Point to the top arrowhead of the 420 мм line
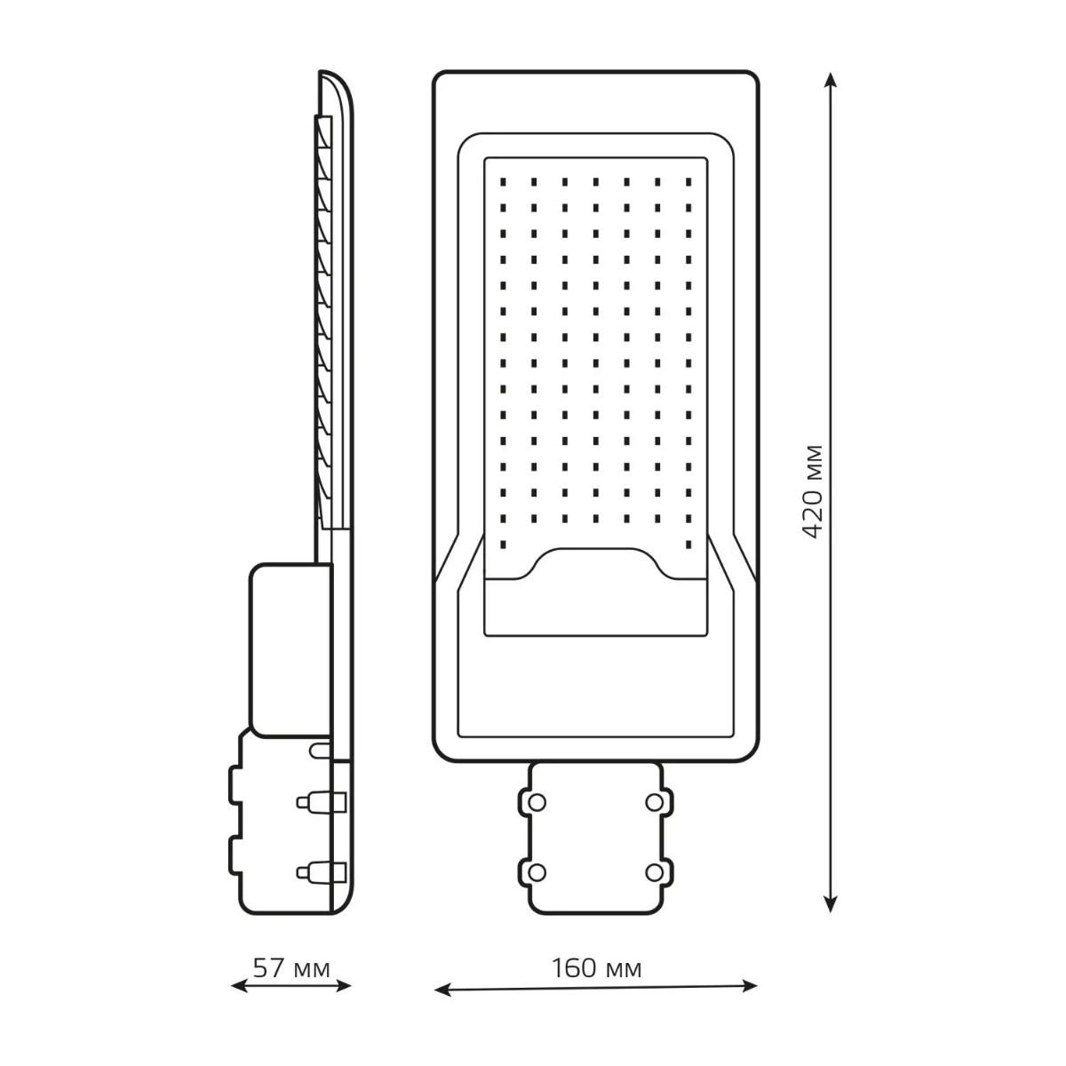(x=830, y=80)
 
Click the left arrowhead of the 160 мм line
(x=442, y=990)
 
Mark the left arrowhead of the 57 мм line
(x=239, y=986)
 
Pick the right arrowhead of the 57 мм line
(x=344, y=986)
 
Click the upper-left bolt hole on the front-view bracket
(x=536, y=801)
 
